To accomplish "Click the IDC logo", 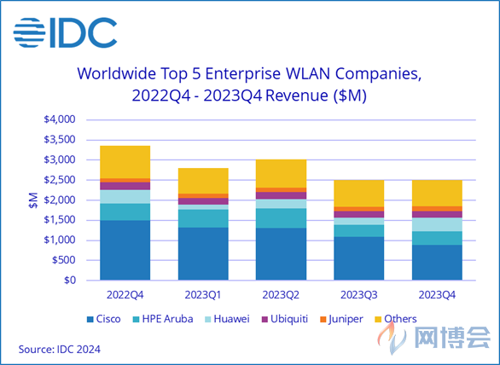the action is [65, 33].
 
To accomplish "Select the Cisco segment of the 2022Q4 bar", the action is [125, 250].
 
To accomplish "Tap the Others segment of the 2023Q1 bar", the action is [203, 181].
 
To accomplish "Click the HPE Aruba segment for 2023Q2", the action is [281, 218].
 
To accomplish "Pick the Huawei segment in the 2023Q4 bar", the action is [437, 224].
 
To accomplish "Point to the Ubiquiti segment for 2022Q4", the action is [125, 186].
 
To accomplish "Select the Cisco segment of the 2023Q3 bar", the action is [358, 258].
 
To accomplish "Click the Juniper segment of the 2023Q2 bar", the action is [281, 190].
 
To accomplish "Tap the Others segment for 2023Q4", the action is [437, 194].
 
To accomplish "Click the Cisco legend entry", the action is [104, 319].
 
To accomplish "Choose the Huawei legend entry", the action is [227, 319].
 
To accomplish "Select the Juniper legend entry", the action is [341, 320].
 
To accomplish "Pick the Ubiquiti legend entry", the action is [285, 320].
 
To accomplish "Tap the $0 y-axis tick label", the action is [70, 281].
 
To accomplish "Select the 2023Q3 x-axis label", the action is [358, 295].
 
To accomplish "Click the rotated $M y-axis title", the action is [33, 200].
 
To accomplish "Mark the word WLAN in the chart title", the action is [308, 74].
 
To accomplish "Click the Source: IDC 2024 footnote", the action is [60, 350].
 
